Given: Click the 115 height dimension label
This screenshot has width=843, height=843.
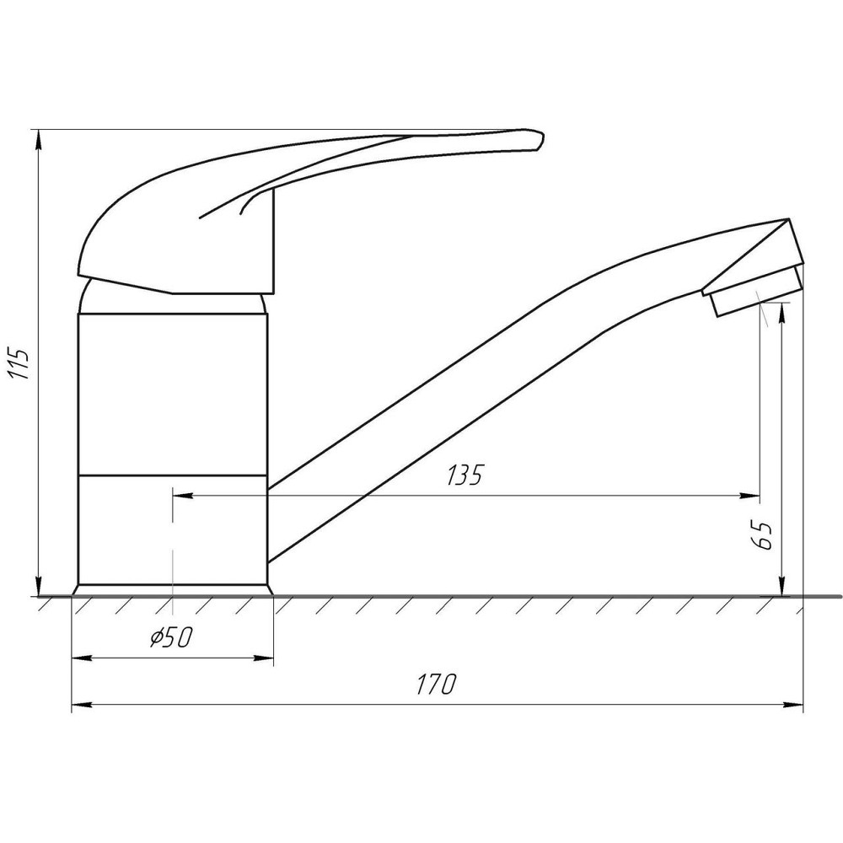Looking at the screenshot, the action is pyautogui.click(x=20, y=364).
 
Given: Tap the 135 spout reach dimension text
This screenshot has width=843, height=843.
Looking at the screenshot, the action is pyautogui.click(x=465, y=474).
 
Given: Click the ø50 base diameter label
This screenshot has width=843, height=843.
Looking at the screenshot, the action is pyautogui.click(x=170, y=637).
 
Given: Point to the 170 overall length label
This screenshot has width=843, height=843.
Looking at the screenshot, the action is pyautogui.click(x=437, y=684).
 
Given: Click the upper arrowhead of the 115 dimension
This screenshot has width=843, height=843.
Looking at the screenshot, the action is pyautogui.click(x=38, y=139).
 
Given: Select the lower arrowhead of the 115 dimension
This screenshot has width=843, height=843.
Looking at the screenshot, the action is pyautogui.click(x=38, y=587).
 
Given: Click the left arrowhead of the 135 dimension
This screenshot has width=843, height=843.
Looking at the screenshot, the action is pyautogui.click(x=182, y=496).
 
